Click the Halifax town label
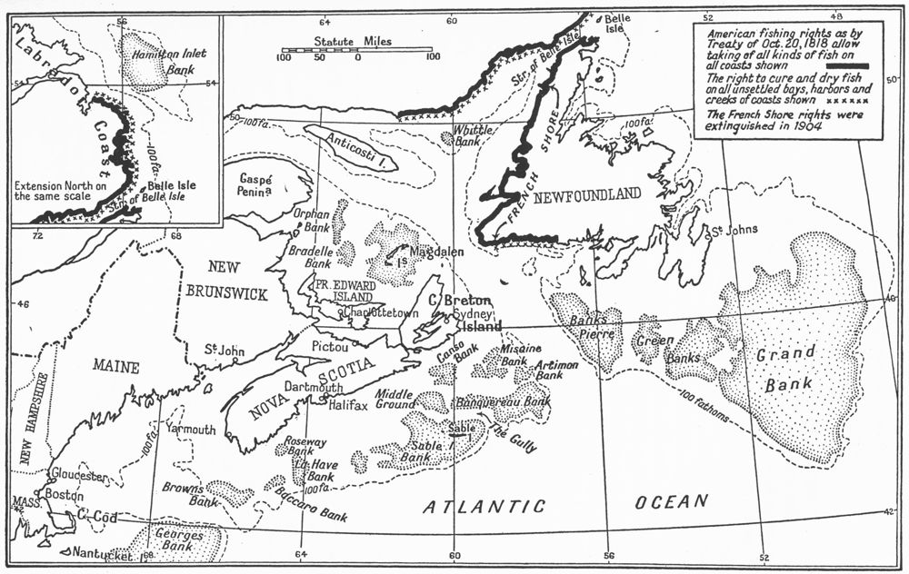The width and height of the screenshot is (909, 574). (x=348, y=405)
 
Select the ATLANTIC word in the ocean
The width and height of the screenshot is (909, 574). (x=484, y=506)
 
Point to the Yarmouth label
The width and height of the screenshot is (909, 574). (x=190, y=429)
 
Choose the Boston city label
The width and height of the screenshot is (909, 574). (x=64, y=496)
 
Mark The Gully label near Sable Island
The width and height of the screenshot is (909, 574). (x=514, y=438)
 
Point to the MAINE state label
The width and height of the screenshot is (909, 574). (x=115, y=367)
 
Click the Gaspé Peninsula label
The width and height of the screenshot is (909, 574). (x=260, y=187)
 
